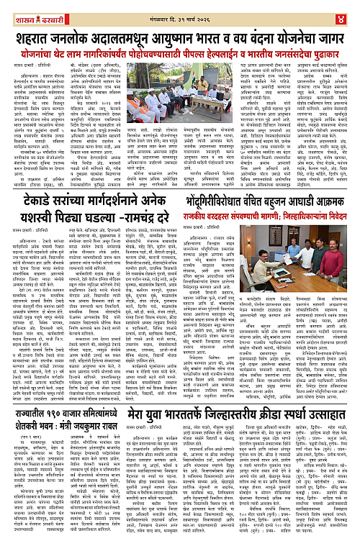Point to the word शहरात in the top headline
[x=35, y=36]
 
